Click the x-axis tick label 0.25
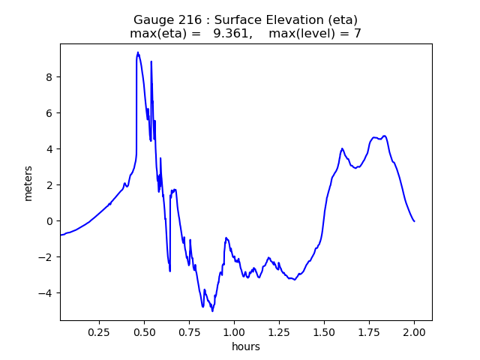click(99, 331)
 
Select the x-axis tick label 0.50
click(144, 331)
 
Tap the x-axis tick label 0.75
click(189, 331)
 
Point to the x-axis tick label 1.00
click(234, 331)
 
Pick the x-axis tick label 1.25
click(279, 331)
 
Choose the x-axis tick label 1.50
click(324, 331)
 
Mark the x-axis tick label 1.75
click(369, 331)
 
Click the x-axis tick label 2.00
click(414, 331)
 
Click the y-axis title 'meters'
click(28, 182)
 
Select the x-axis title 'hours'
click(246, 346)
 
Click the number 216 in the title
click(196, 19)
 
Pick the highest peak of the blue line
click(138, 52)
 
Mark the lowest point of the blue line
click(212, 310)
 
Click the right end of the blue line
click(414, 220)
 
